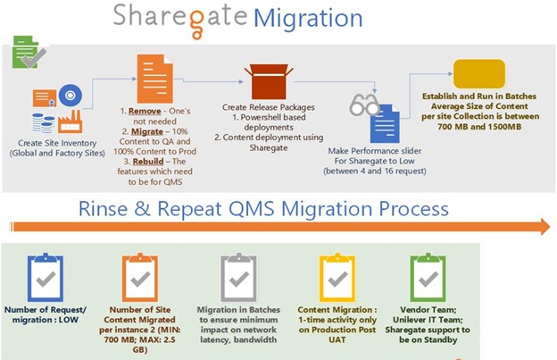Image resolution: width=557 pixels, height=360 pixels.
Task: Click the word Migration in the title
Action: click(x=308, y=19)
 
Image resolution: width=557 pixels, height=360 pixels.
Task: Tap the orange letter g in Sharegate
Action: click(x=196, y=23)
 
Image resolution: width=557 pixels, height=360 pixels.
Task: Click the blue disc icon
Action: click(x=71, y=96)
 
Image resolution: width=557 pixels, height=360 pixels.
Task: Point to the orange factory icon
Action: click(x=71, y=121)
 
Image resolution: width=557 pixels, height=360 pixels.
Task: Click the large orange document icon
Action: click(x=155, y=79)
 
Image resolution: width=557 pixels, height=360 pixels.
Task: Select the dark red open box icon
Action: click(x=269, y=81)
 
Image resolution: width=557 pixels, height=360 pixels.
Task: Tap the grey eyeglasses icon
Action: click(x=364, y=105)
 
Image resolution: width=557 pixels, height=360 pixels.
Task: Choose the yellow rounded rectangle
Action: click(x=479, y=73)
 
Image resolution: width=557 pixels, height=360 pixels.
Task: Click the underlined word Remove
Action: click(x=145, y=112)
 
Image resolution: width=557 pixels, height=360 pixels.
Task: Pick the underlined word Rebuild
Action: click(x=148, y=162)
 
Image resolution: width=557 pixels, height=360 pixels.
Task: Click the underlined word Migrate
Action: click(x=147, y=132)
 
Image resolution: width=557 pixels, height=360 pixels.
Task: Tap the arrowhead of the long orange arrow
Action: click(x=545, y=227)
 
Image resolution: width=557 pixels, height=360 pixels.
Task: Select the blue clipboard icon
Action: click(x=46, y=277)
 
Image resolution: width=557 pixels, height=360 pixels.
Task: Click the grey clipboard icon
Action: click(x=238, y=277)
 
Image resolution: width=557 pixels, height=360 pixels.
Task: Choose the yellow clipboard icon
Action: click(x=337, y=277)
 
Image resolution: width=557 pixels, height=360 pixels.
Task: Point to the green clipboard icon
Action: click(x=428, y=277)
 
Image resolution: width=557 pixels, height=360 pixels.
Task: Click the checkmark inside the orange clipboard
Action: click(x=140, y=279)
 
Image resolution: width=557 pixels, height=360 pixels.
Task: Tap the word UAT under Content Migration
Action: click(x=337, y=339)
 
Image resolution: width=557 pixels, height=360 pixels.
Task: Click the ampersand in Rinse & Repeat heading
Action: click(x=142, y=209)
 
